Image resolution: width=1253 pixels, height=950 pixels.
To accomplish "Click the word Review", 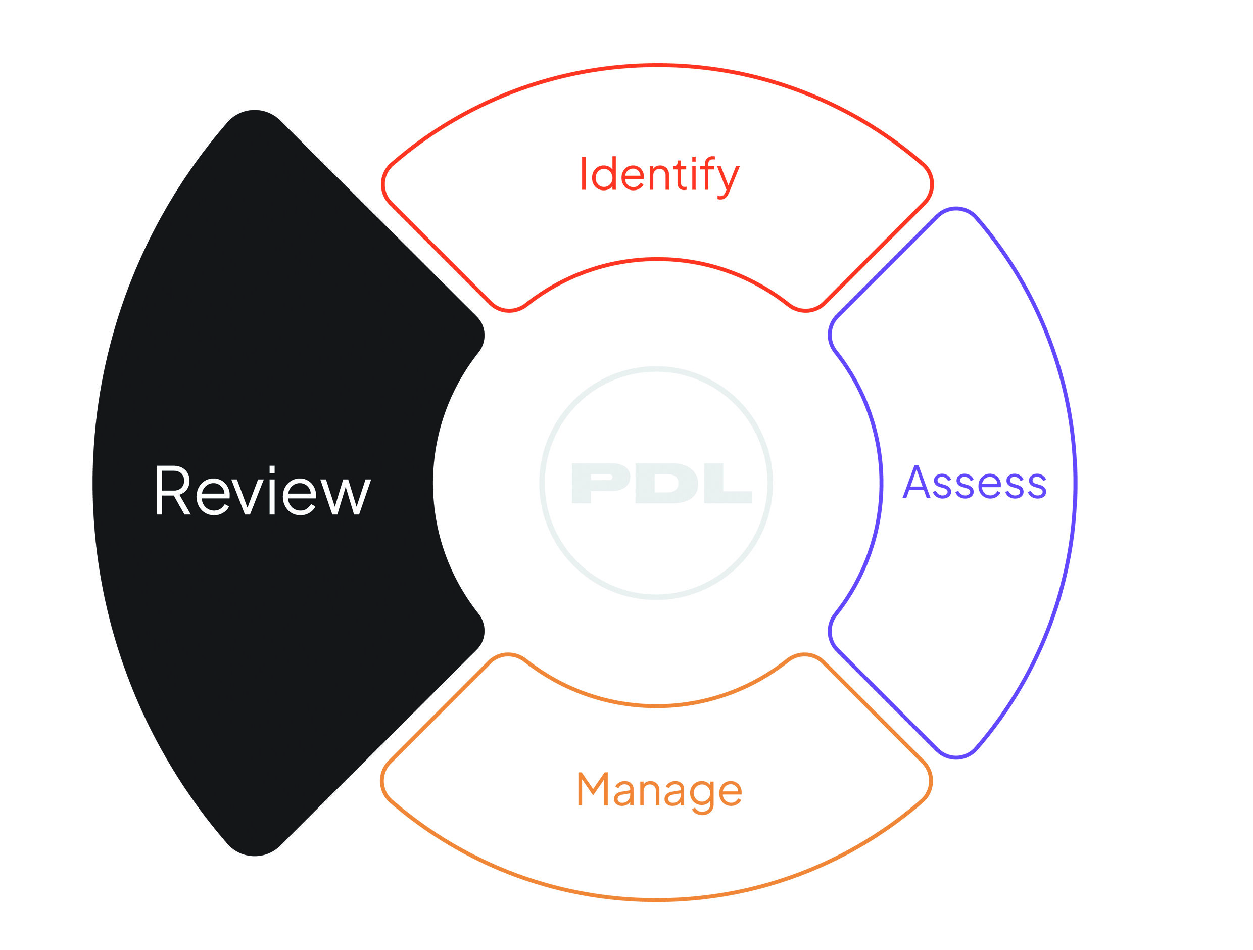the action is (x=263, y=491).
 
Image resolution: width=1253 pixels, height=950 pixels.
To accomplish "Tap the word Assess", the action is (x=974, y=483).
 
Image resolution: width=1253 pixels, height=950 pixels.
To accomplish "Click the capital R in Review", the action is (x=173, y=491).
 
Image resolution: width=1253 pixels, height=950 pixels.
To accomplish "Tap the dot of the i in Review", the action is (x=272, y=469).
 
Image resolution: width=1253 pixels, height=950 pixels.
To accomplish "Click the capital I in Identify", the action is (x=584, y=173).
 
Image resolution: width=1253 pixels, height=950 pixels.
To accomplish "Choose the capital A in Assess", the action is (x=917, y=482).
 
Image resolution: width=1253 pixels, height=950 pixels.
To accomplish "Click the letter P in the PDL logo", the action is (x=600, y=483).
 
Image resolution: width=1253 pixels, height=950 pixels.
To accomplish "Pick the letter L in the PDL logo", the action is (x=728, y=483).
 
